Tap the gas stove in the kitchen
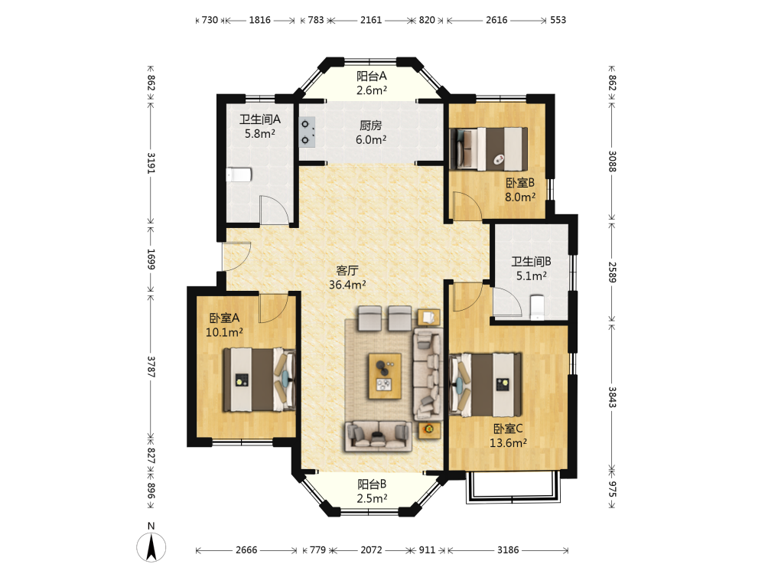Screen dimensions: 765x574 tap(307, 132)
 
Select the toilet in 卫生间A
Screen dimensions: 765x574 tap(239, 174)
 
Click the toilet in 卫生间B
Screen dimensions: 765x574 tap(537, 308)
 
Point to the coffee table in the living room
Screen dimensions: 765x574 tap(385, 377)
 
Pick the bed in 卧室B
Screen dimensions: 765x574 tap(489, 149)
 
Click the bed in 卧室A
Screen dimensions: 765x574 tap(259, 380)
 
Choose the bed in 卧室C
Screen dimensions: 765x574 tap(486, 385)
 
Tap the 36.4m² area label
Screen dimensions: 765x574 tap(347, 285)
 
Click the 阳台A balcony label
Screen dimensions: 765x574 tap(372, 76)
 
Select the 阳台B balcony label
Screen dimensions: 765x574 tap(372, 484)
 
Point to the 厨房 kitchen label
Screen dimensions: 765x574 tap(371, 126)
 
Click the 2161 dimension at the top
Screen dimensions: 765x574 tap(371, 20)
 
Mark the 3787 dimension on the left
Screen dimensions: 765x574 tap(151, 366)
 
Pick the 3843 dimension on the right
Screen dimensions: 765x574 tap(612, 397)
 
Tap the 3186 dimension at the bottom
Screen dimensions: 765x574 tap(508, 550)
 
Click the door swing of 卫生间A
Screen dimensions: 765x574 tap(274, 210)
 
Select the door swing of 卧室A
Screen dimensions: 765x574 tap(272, 308)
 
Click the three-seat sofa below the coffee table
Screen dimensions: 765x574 tap(378, 436)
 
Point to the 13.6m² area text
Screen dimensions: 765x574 tap(509, 443)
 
